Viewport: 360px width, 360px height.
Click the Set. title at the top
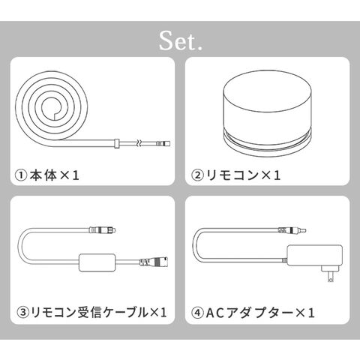[181, 41]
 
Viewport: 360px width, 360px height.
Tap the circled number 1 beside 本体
[21, 175]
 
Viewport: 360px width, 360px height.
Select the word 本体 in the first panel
[43, 175]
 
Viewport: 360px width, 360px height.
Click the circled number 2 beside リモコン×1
[197, 175]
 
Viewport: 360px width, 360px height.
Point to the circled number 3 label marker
[22, 312]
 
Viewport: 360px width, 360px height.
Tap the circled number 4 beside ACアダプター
[197, 313]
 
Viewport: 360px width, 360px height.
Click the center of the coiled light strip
[52, 108]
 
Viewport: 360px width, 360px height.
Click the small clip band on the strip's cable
[116, 143]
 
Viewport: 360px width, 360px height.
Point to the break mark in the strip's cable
[139, 143]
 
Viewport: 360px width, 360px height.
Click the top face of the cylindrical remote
[267, 89]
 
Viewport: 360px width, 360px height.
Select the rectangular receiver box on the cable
[97, 262]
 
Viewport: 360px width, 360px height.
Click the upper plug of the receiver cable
[103, 230]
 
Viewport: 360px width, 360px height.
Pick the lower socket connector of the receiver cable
[154, 262]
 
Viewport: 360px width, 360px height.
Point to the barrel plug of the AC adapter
[292, 230]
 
